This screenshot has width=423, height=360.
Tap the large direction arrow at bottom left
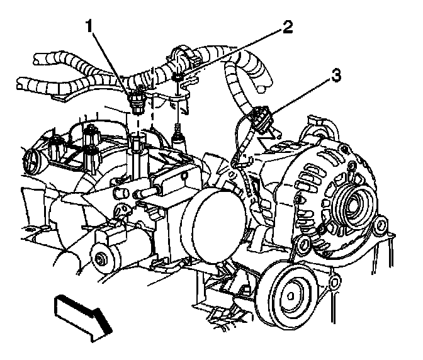click(x=82, y=315)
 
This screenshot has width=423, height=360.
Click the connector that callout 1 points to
click(x=137, y=99)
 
